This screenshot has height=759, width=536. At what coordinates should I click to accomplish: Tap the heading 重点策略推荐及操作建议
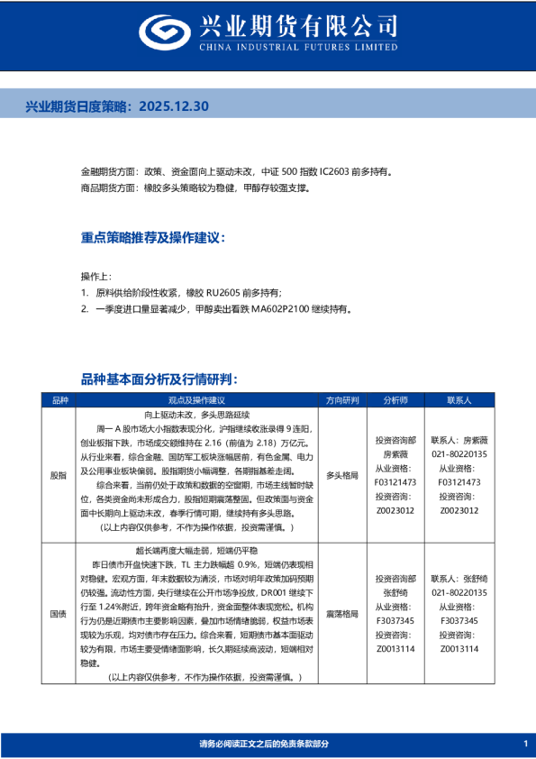tap(152, 238)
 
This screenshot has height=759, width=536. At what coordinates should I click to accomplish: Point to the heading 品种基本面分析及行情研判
tap(159, 379)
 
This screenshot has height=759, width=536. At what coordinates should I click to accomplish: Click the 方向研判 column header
tap(341, 399)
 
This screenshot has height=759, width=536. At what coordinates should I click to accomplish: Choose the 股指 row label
tap(59, 473)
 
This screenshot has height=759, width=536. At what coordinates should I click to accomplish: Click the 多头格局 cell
tap(341, 473)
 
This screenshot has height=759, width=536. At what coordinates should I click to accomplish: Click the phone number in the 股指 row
tap(459, 454)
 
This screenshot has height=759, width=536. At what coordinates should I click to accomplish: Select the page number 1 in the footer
tap(524, 743)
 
